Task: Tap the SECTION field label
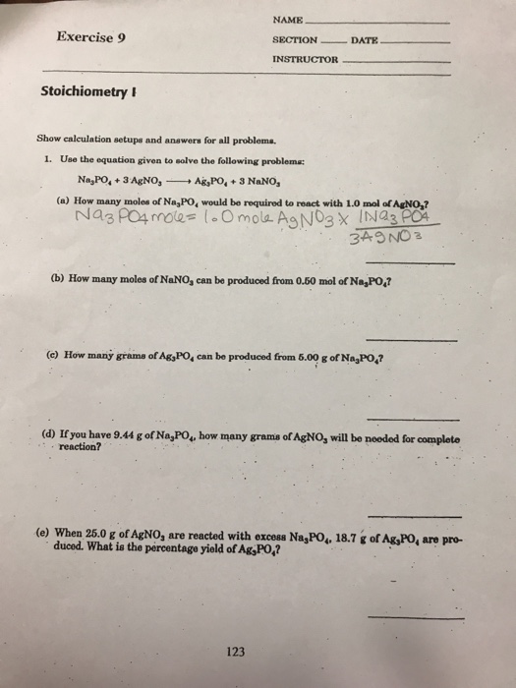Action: (295, 40)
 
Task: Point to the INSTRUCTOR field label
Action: (304, 60)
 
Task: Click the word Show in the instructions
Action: (49, 139)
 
